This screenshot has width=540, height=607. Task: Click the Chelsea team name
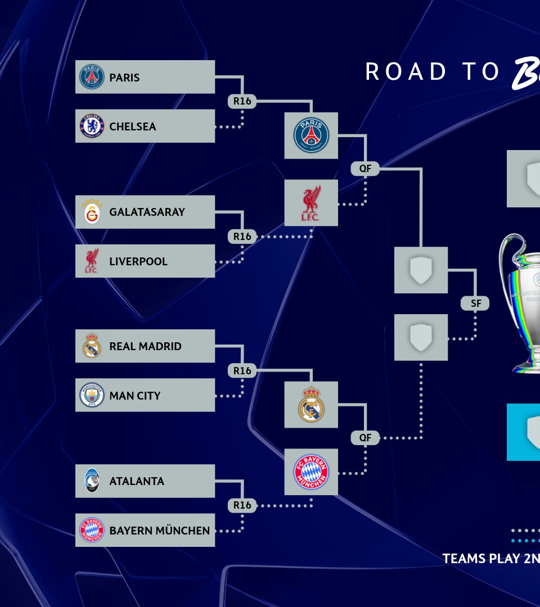coord(133,126)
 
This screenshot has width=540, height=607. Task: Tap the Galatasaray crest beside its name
coord(92,212)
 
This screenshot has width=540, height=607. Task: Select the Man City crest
coord(92,395)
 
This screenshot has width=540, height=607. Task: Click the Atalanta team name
coord(137,481)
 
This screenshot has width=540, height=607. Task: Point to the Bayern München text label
coord(160,531)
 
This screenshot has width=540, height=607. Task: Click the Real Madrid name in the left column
coord(145,346)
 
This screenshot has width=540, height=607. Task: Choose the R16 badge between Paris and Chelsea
coord(242,102)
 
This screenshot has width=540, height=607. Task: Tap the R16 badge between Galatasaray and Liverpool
coord(242,237)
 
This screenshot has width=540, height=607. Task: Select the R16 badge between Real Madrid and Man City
coord(242,371)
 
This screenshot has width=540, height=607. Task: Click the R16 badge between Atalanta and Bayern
coord(242,505)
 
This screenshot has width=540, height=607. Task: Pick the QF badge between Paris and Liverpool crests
coord(365,168)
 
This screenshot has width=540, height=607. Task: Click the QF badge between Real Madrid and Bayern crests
coord(365,437)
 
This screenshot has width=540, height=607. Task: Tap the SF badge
coord(476,303)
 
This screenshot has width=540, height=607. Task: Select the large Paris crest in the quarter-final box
coord(311,135)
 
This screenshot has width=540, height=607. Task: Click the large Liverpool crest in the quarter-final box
coord(311,203)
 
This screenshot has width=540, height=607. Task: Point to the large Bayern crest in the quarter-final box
coord(311,472)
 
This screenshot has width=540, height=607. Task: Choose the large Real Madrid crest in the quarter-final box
coord(311,405)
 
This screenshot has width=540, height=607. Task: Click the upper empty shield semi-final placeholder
coord(421,270)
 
